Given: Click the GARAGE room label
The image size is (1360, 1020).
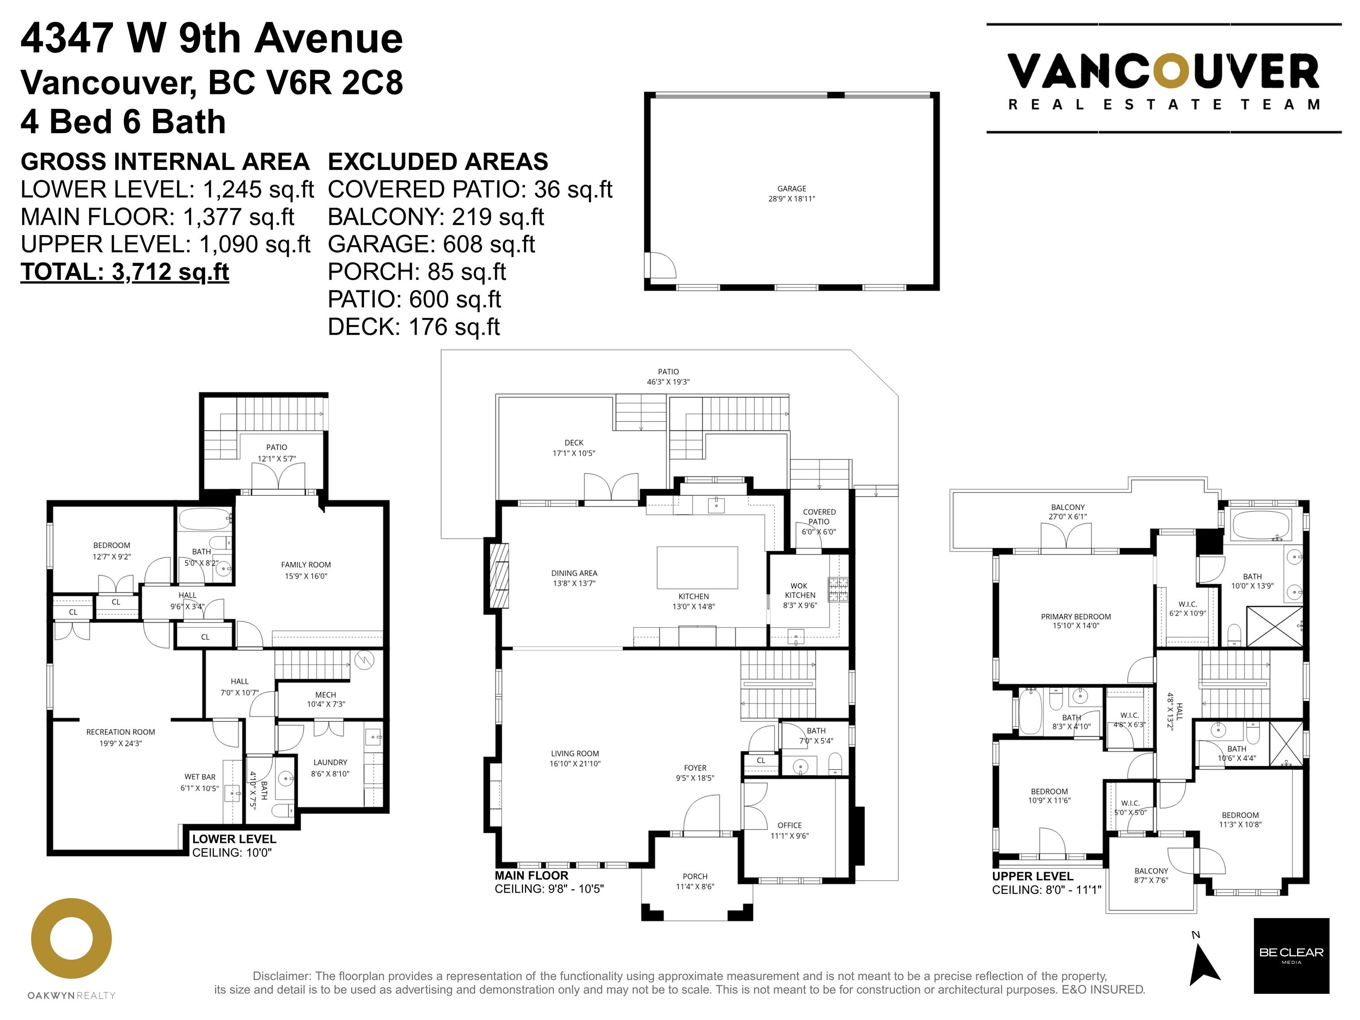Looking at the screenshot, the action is coord(791,189).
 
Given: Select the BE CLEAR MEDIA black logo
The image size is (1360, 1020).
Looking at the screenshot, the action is coord(1291,964).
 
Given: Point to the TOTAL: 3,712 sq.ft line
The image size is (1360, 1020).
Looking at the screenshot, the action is coord(125,271).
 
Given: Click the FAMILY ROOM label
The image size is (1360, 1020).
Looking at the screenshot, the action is coord(306,565).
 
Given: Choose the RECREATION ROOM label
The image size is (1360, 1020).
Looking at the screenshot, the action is coord(120,732).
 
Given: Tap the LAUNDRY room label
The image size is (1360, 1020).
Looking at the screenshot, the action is coord(330,762).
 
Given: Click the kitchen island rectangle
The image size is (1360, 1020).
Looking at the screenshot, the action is coord(697,568).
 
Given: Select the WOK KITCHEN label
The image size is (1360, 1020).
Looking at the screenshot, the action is coord(800,591).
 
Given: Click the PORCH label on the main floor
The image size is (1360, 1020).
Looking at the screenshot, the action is coord(695,876).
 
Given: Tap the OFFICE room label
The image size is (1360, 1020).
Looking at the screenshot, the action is coord(790,825).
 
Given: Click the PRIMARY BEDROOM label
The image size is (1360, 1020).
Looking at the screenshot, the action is coord(1076,616).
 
